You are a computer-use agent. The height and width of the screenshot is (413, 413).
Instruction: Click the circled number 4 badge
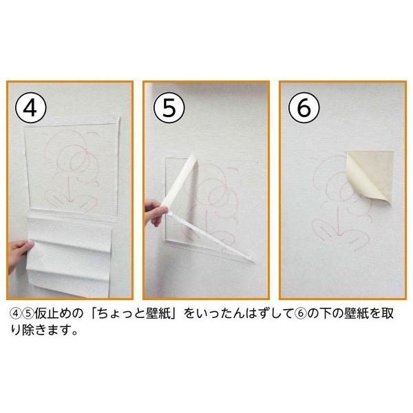(30, 109)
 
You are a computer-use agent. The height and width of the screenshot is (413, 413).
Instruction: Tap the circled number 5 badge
(166, 109)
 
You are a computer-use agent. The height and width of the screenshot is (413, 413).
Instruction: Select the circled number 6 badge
(302, 109)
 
